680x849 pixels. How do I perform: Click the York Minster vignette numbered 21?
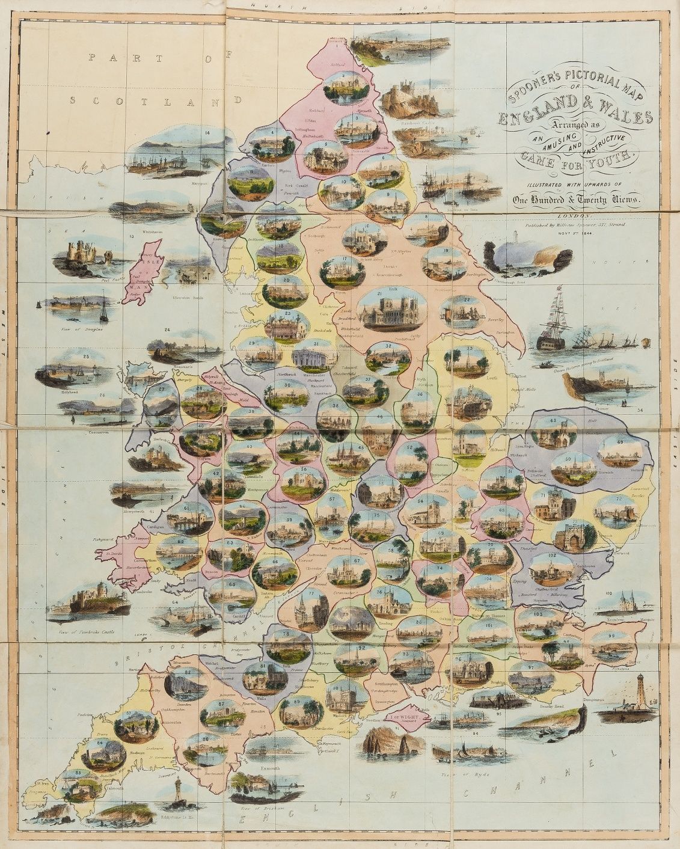[x=388, y=311]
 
